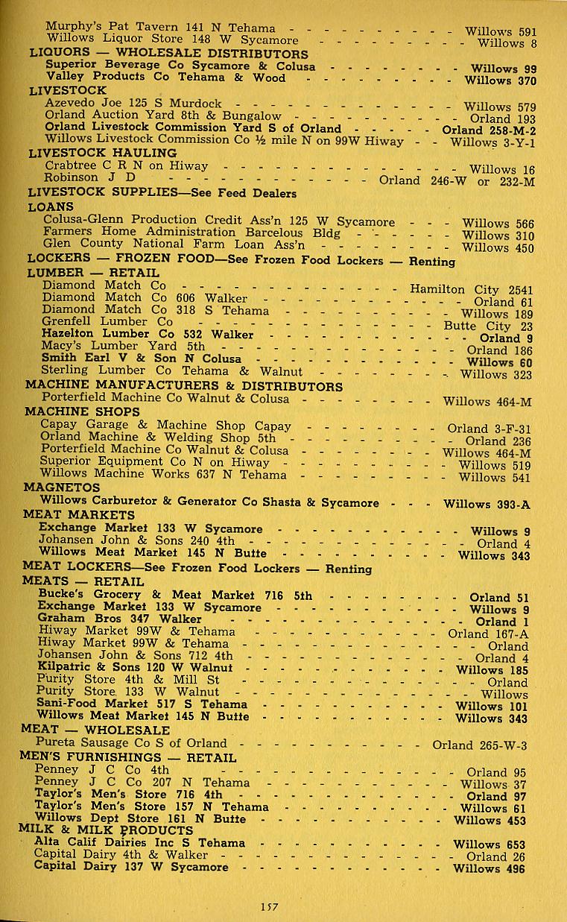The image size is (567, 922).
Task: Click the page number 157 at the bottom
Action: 269,906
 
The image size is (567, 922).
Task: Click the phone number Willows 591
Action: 500,31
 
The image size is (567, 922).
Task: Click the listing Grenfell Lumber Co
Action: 107,321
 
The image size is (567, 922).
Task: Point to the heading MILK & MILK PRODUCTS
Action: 106,830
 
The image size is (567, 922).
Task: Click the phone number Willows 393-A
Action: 487,504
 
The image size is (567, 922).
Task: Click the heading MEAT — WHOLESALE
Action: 95,730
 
